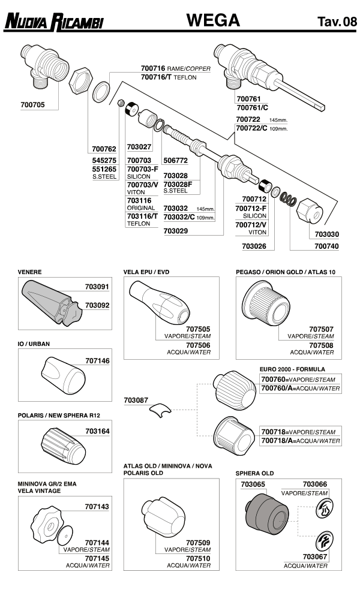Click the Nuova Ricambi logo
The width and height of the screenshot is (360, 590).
(54, 22)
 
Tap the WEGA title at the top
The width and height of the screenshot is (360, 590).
(213, 21)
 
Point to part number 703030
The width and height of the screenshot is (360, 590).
(326, 234)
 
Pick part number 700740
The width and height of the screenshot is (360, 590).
(326, 246)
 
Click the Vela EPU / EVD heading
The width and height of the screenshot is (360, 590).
(146, 272)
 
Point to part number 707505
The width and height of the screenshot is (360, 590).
(198, 329)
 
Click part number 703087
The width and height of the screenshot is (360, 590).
(137, 399)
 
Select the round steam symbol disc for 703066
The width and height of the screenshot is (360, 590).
(324, 508)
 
